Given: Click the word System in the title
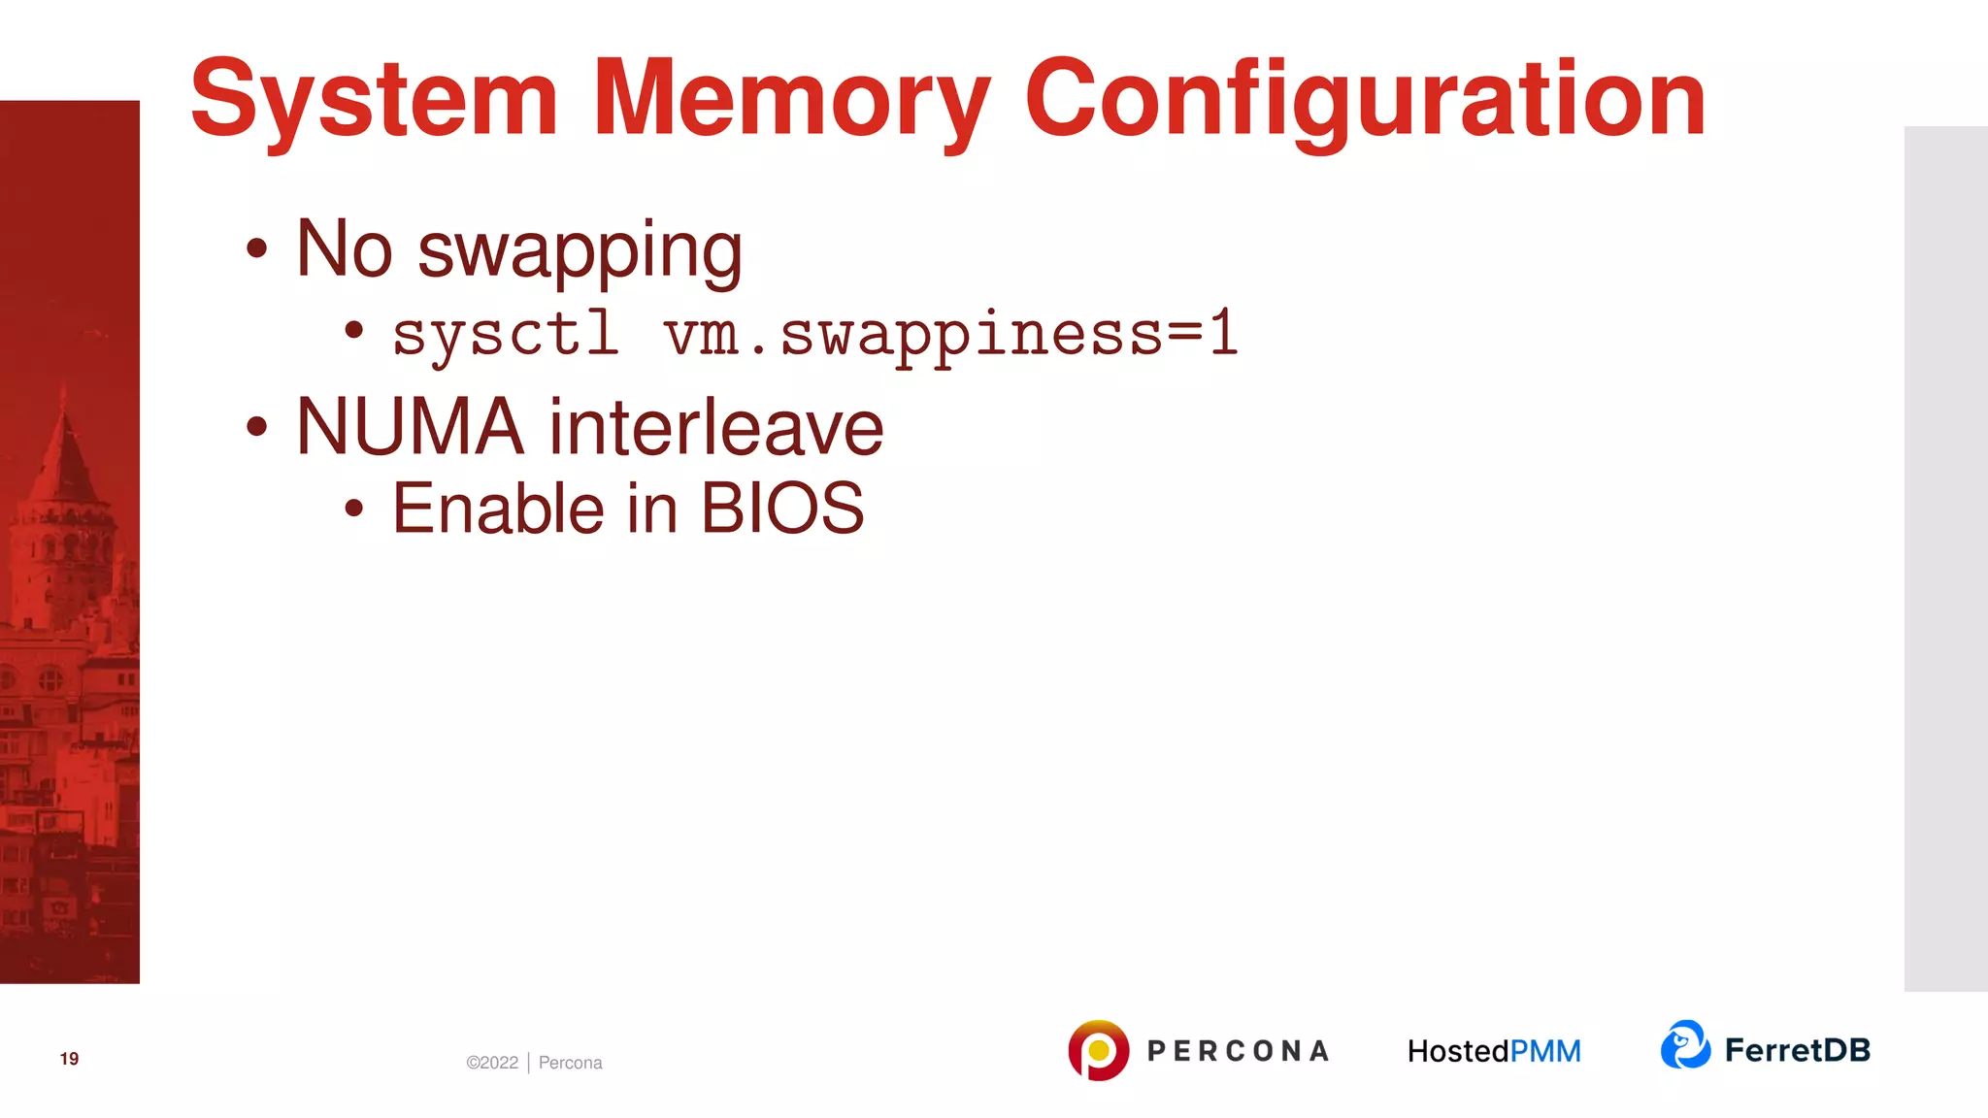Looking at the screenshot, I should tap(374, 99).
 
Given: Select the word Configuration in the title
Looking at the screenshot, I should tap(1364, 99).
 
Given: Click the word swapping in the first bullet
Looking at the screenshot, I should tap(580, 250).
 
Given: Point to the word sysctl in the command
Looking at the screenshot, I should tap(505, 334).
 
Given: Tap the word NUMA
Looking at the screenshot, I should tap(409, 427).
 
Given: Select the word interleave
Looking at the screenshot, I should tap(716, 427).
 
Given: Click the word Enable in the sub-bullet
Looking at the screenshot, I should tap(498, 509).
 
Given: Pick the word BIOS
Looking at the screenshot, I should tap(781, 509).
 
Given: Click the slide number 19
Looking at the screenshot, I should tap(69, 1059).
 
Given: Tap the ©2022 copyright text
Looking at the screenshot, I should tap(492, 1063).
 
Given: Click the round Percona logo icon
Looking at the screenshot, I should tap(1098, 1050).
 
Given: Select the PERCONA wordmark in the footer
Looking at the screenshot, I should tap(1238, 1051).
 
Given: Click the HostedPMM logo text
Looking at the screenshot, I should tap(1494, 1051).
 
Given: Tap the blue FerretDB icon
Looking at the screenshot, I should tap(1685, 1045).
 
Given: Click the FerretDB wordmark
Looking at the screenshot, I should tap(1797, 1050).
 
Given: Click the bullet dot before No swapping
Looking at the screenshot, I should tap(256, 248).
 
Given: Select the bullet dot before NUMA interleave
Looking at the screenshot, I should tap(256, 426).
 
